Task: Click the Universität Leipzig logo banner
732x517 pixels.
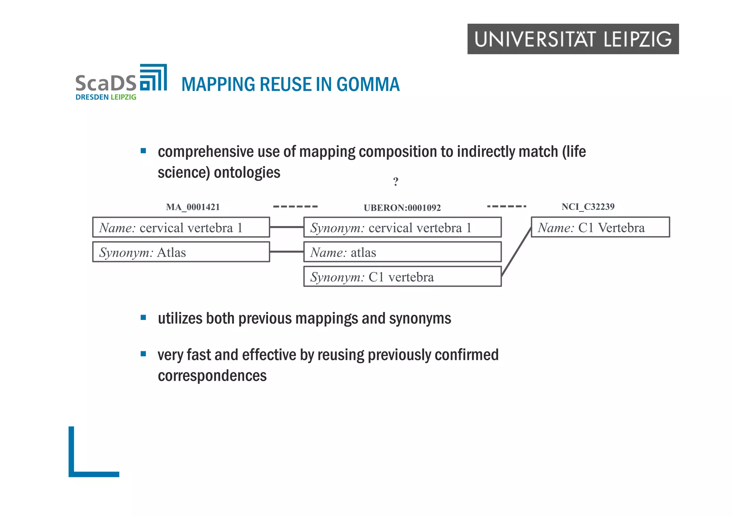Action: pos(573,39)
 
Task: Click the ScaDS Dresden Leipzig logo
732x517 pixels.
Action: pos(121,82)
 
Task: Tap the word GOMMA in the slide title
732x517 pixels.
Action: pos(368,85)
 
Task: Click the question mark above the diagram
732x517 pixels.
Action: pos(396,182)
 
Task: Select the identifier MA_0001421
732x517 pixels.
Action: pos(193,207)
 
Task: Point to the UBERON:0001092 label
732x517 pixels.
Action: pos(402,208)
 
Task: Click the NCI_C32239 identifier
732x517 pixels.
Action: pos(588,207)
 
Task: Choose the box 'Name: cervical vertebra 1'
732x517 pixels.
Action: pos(181,227)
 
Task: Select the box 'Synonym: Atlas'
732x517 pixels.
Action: pos(181,252)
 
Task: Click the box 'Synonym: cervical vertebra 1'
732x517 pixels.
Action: pos(402,227)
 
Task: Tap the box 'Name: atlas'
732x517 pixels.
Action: pos(402,252)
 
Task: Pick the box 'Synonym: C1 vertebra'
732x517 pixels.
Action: pos(402,277)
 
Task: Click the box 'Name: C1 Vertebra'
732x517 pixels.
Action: pos(600,227)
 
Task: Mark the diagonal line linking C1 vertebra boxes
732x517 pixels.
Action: pos(516,252)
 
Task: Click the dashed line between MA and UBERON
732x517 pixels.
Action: pos(295,207)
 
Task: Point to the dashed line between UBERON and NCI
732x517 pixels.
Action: pos(506,206)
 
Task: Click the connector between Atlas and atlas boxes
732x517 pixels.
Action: pos(287,252)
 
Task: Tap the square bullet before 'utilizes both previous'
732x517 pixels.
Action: pos(143,317)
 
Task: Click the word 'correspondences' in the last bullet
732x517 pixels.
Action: pos(212,376)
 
